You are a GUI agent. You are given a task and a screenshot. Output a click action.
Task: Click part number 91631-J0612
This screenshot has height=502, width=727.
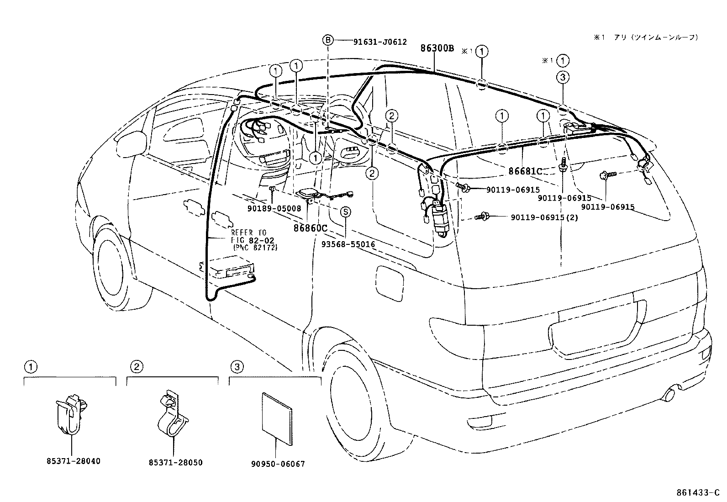coord(379,41)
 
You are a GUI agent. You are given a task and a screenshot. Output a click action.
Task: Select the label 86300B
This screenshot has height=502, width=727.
coord(437,48)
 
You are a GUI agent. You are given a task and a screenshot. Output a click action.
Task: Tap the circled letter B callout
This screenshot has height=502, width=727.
coord(328,40)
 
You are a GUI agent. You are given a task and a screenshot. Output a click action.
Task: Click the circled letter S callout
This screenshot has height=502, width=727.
coord(346,211)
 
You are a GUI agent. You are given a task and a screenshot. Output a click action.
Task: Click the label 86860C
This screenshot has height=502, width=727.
coord(311,227)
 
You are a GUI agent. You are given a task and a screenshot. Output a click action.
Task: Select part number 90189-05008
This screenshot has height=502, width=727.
coord(274,208)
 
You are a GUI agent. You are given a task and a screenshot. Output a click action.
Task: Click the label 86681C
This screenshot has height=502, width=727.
coord(525,171)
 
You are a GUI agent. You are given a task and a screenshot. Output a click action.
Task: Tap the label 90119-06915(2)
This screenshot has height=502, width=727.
coord(544,218)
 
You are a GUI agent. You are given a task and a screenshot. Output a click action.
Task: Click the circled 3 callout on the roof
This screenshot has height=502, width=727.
coord(563,78)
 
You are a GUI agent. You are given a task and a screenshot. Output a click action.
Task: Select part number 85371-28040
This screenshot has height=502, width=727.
coord(73,461)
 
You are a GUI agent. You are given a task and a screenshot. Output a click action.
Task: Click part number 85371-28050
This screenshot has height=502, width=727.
coord(175,463)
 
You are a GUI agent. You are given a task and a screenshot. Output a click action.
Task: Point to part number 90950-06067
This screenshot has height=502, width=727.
coord(278,464)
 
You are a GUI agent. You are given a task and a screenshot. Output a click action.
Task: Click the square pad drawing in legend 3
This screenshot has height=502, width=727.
coord(277,417)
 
